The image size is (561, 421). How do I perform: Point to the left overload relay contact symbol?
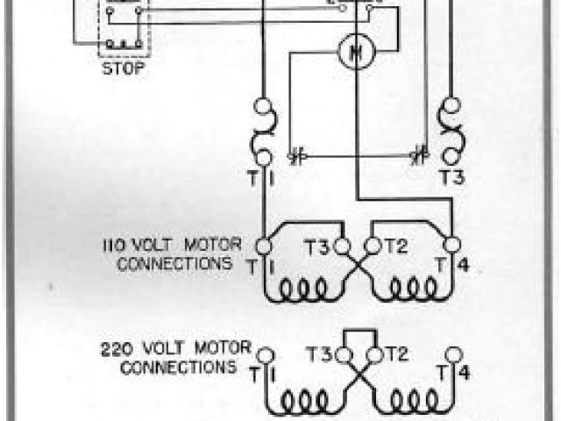tap(295, 158)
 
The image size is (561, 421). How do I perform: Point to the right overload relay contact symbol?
tap(419, 158)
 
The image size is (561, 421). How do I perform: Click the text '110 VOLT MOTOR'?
tap(167, 246)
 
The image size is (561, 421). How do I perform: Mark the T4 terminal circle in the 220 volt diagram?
tap(452, 356)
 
